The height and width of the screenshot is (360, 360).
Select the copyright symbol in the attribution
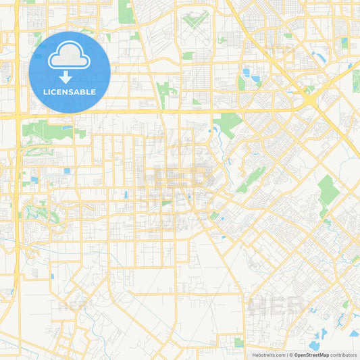[x=292, y=355]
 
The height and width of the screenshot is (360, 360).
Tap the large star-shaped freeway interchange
[x=309, y=99]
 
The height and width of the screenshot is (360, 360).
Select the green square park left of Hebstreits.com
[x=238, y=342]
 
